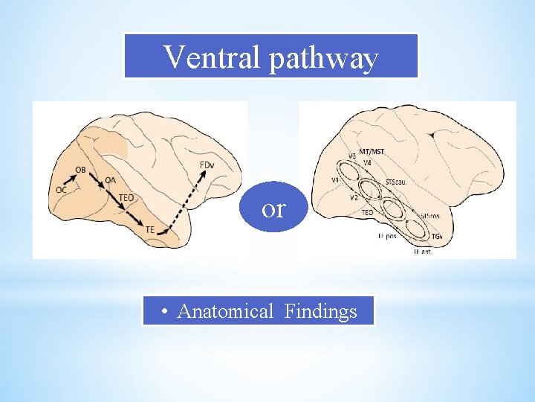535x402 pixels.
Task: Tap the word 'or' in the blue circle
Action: click(x=273, y=209)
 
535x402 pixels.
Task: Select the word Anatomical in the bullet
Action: click(x=225, y=311)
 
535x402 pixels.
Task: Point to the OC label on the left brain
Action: click(x=61, y=190)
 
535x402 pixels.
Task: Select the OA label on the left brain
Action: click(x=110, y=179)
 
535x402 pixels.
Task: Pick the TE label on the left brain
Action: click(x=150, y=230)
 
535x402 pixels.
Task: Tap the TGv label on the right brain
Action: click(x=439, y=236)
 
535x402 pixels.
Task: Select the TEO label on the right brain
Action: click(x=367, y=212)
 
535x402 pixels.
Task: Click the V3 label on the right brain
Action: click(x=352, y=156)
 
